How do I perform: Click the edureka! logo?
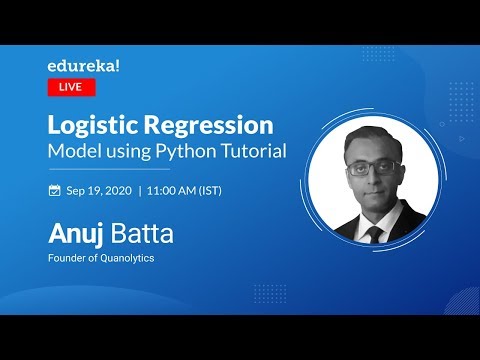pyautogui.click(x=84, y=66)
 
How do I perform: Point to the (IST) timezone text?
pyautogui.click(x=226, y=189)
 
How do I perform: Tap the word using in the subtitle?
pyautogui.click(x=131, y=151)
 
